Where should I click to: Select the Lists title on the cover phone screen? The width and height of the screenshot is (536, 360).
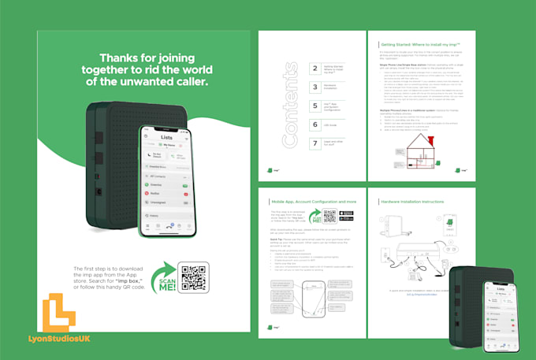coord(167,137)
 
